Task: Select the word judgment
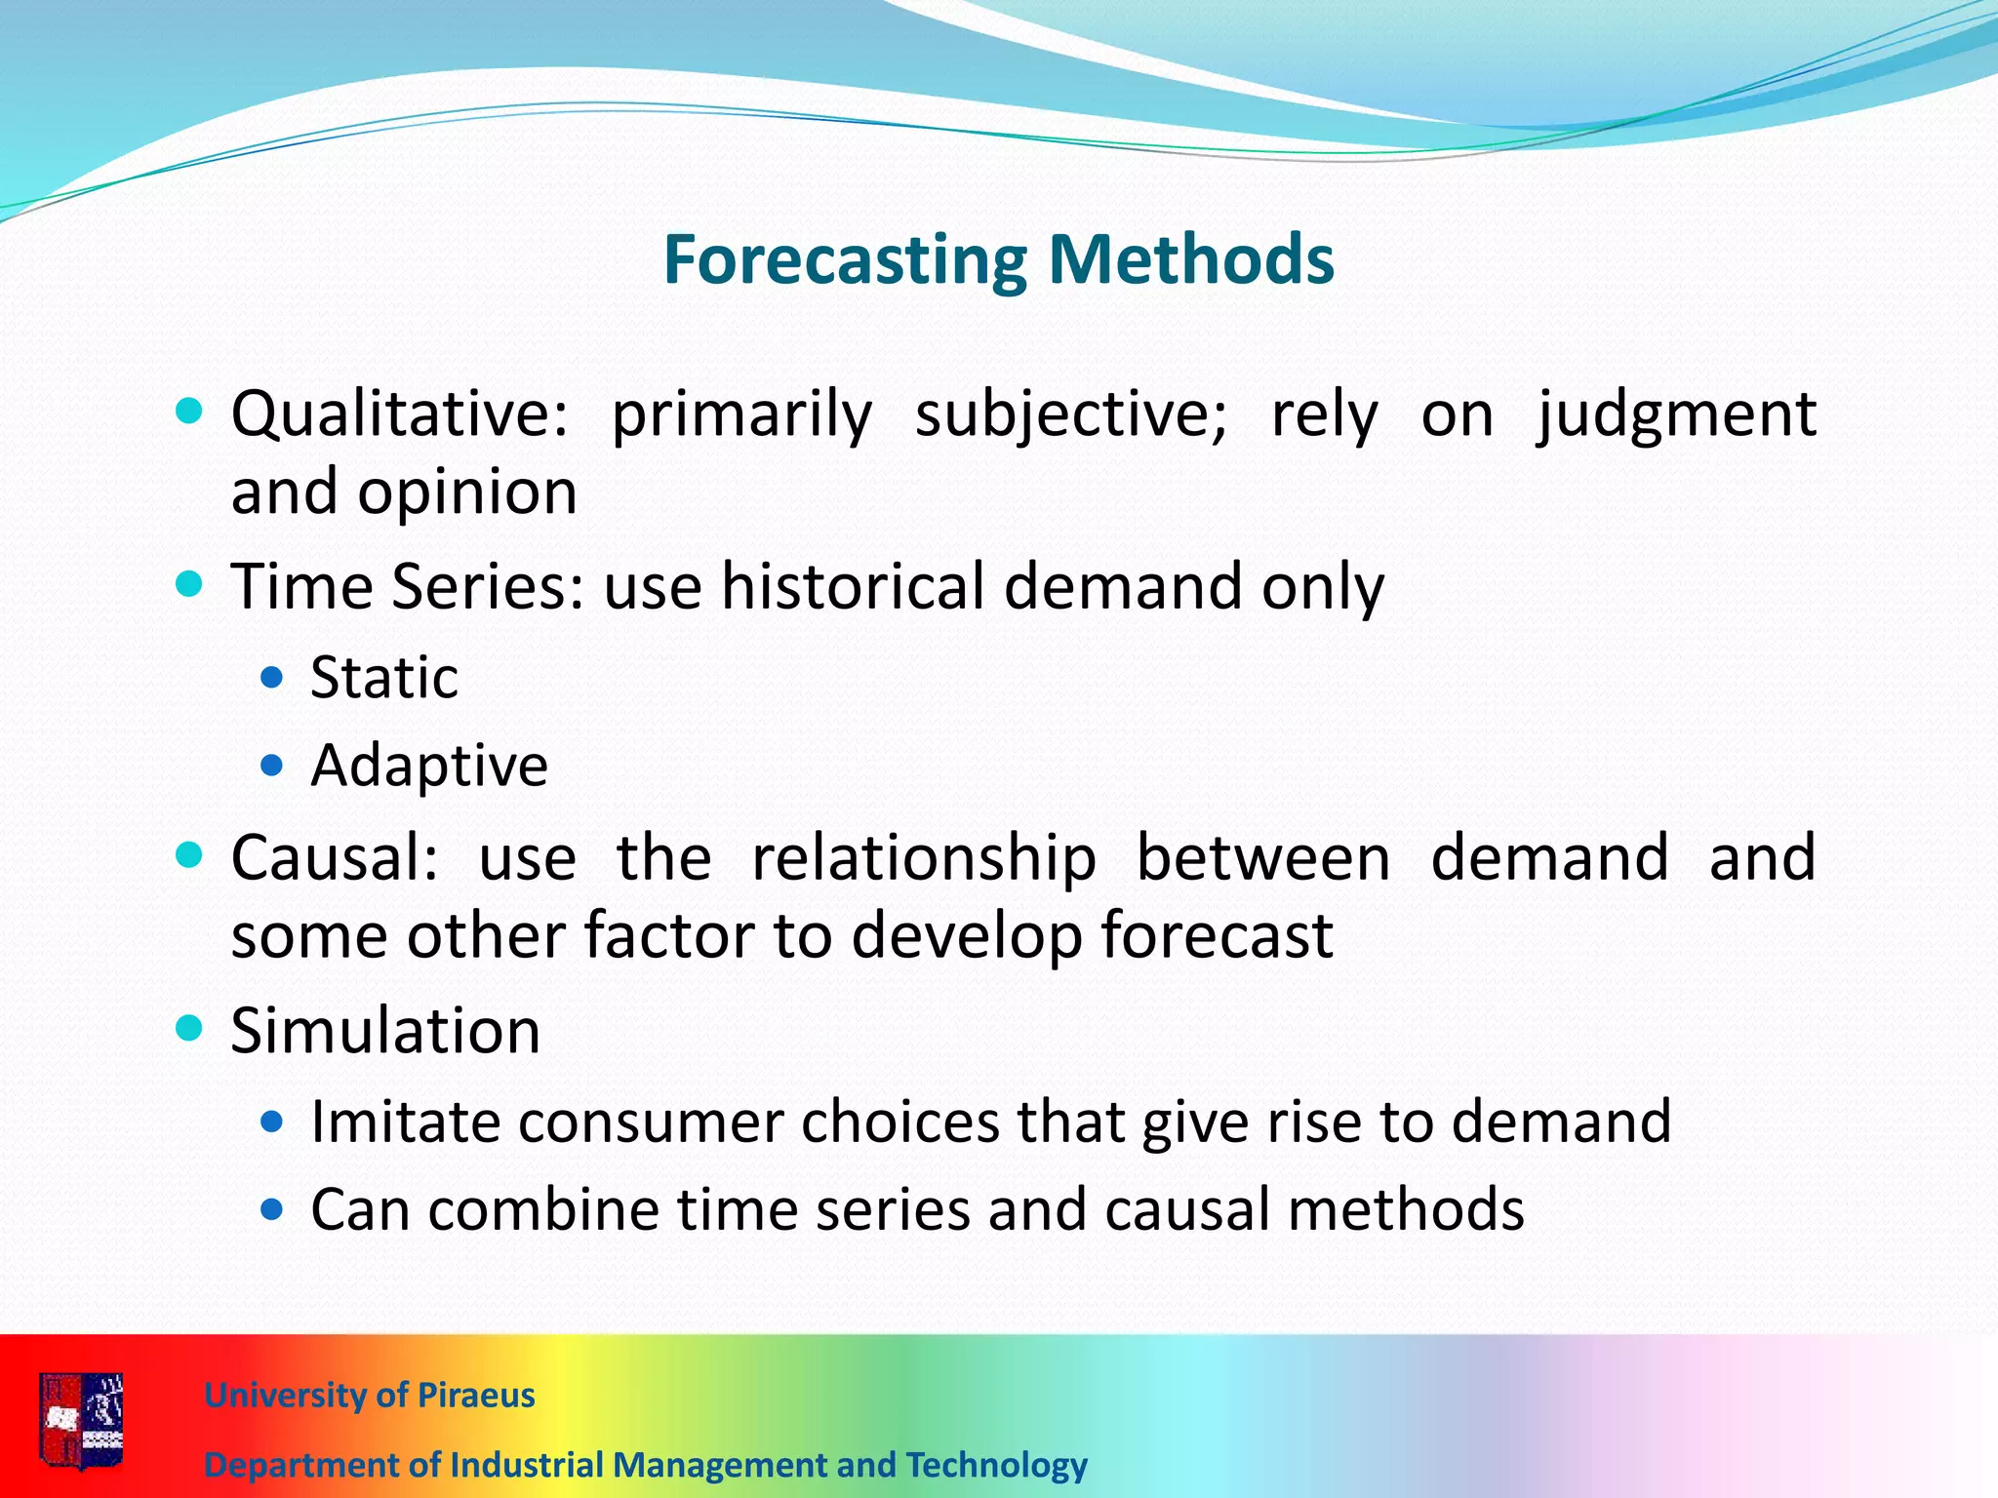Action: coord(1676,414)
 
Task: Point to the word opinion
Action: coord(467,492)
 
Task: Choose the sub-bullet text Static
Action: coord(383,677)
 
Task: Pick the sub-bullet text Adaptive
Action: coord(429,765)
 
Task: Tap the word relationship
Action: coord(924,857)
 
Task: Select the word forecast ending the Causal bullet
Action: coord(1217,935)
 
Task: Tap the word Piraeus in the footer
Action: coord(476,1395)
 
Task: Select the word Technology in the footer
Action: coord(996,1465)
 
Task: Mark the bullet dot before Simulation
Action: coord(189,1028)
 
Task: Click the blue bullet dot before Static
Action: coord(272,677)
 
